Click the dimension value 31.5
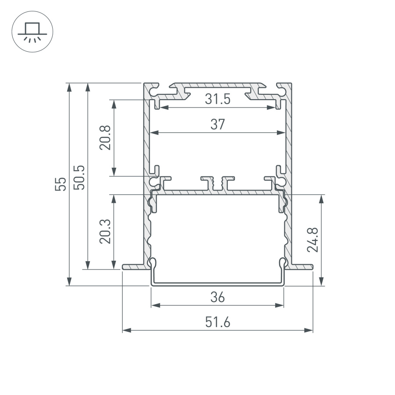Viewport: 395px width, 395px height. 217,100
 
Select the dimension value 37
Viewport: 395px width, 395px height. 217,125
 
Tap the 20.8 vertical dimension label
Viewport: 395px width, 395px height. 105,137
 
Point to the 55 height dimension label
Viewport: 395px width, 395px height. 61,184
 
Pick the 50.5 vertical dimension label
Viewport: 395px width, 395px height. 79,177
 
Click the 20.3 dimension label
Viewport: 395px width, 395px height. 105,231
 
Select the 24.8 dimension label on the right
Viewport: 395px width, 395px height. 313,240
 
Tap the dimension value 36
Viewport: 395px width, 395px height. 217,297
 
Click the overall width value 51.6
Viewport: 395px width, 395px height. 217,323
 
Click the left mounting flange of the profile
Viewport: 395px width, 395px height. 133,266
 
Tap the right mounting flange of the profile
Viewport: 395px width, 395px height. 302,266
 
